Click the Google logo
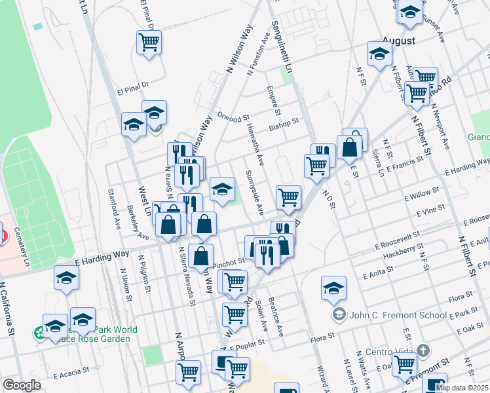click(22, 385)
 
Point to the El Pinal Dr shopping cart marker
click(149, 43)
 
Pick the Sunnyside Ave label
click(254, 193)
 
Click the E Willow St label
click(421, 196)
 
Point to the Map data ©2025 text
click(461, 387)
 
